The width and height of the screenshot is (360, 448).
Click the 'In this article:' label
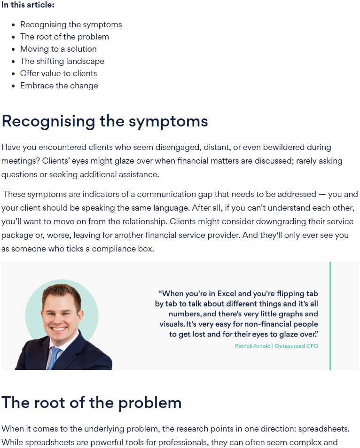tap(28, 5)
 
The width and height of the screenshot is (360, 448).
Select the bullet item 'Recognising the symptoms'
tap(71, 24)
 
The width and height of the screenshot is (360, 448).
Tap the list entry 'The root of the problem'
tap(64, 37)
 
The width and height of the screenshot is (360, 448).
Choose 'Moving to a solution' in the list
tap(58, 49)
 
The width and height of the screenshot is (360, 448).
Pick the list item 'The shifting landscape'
tap(62, 61)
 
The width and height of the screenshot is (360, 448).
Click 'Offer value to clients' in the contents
tap(58, 73)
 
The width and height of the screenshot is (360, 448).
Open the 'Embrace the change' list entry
tap(59, 86)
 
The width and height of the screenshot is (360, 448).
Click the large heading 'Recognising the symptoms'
tap(104, 121)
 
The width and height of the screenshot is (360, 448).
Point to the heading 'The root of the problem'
tap(91, 402)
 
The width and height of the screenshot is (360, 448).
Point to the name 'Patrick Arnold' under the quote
tap(252, 346)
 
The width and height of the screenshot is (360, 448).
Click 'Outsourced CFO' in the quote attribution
tap(297, 346)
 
